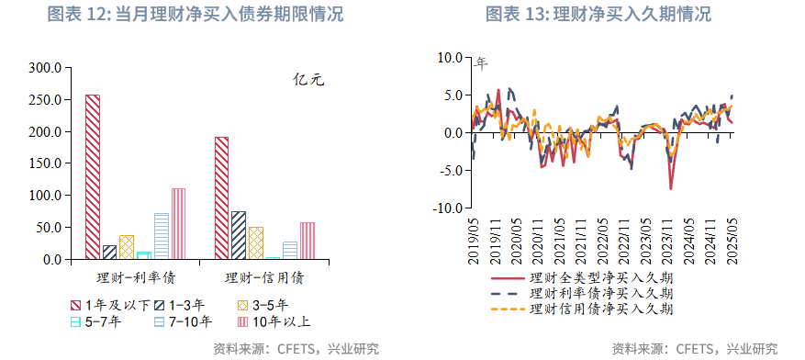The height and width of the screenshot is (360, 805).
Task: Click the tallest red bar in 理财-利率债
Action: (93, 176)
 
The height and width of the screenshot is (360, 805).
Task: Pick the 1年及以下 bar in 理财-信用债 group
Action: (222, 198)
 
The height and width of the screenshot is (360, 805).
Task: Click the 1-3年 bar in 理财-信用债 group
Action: (239, 235)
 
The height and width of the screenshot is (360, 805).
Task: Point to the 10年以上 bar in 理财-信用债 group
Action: (307, 241)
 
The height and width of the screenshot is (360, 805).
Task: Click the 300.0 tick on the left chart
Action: (45, 68)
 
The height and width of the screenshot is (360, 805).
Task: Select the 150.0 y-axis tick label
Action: (45, 164)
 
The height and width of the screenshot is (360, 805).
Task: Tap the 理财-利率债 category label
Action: (136, 276)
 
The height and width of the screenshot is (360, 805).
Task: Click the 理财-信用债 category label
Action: (264, 276)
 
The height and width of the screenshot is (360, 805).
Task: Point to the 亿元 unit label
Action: (308, 80)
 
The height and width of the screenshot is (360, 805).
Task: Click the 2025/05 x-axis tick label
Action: (732, 242)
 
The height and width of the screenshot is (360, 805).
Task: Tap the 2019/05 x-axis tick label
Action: (473, 242)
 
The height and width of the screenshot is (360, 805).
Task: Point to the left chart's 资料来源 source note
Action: (295, 348)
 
